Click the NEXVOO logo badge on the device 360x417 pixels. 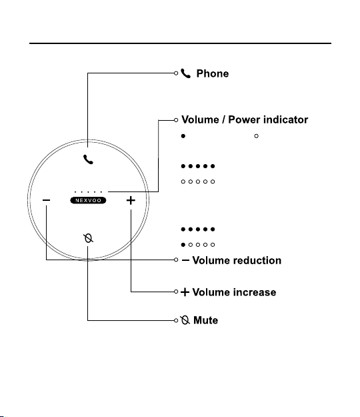[88, 200]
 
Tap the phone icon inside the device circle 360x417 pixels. [88, 159]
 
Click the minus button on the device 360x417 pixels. [46, 200]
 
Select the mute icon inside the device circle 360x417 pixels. [88, 238]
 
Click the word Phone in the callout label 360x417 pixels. [213, 73]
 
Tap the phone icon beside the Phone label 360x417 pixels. [186, 73]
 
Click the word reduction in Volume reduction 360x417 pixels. [256, 260]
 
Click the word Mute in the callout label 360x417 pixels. [205, 320]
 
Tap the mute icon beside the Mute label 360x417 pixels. [185, 320]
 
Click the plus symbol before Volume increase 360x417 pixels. [185, 292]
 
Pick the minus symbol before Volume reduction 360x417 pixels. [185, 260]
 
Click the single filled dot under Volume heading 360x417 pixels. [183, 136]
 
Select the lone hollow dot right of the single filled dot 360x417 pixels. [257, 136]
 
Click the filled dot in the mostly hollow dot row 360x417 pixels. [183, 245]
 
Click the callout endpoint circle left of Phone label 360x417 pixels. [176, 73]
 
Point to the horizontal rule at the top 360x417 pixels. [181, 43]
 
